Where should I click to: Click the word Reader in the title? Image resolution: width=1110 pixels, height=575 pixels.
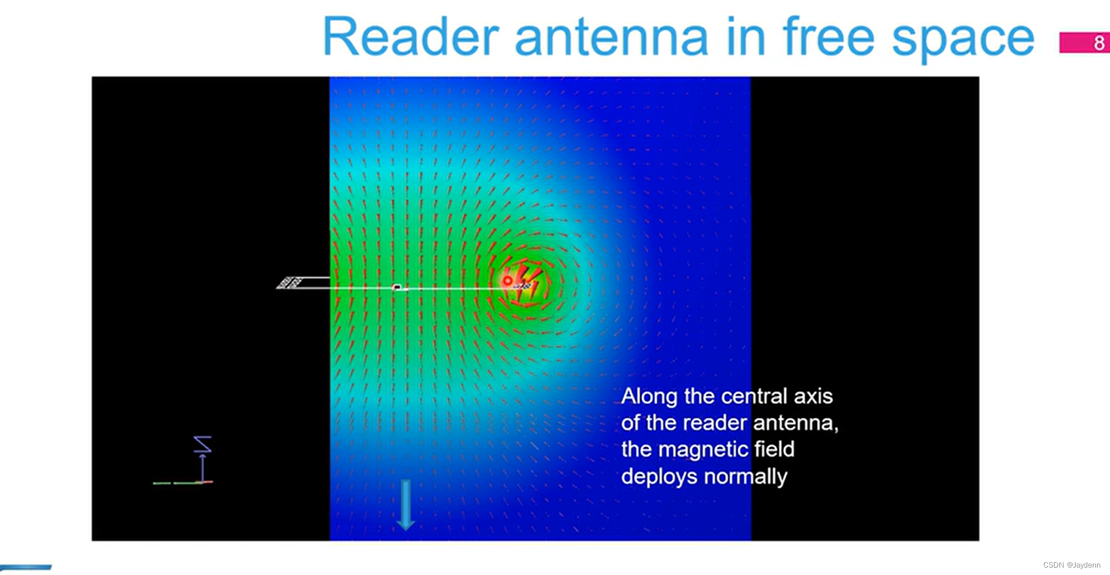coord(410,37)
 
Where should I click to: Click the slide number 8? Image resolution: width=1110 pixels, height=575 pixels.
coord(1099,43)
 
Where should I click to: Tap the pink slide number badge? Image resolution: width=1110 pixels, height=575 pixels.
coord(1084,43)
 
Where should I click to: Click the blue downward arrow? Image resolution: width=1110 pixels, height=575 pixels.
coord(405,505)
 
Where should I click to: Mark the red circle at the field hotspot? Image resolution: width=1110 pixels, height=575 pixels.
coord(507,281)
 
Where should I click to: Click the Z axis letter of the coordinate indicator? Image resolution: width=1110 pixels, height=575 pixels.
coord(203,444)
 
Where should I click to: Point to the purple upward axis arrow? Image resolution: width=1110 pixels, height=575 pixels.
coord(202,468)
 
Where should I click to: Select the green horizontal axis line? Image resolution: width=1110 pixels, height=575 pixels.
coord(178,483)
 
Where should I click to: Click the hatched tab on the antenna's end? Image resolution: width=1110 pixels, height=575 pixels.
coord(289,283)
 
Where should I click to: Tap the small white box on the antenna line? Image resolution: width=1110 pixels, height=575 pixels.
coord(397,287)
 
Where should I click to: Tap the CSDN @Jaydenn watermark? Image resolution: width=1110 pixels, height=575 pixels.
coord(1072,565)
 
